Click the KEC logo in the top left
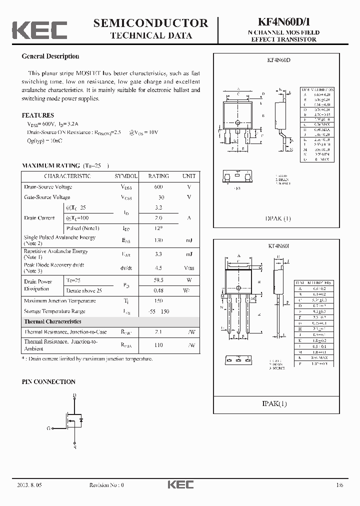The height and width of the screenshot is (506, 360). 39,30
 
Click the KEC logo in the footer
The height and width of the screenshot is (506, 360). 180,484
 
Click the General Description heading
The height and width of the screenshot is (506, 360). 50,56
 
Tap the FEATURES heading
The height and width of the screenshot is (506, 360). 38,115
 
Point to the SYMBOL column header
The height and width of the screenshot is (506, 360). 126,176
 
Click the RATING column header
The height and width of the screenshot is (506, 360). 158,176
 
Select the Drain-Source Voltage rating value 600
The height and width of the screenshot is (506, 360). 158,187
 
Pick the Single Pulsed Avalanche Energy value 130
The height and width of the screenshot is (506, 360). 158,240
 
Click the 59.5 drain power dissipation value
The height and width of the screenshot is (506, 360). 158,280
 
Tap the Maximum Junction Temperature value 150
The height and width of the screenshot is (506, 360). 158,301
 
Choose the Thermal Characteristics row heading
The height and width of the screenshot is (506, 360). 52,321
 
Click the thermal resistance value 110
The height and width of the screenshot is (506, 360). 158,345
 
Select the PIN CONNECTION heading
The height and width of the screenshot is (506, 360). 48,381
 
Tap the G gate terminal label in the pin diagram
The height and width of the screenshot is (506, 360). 49,428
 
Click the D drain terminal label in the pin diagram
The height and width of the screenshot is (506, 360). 74,395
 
